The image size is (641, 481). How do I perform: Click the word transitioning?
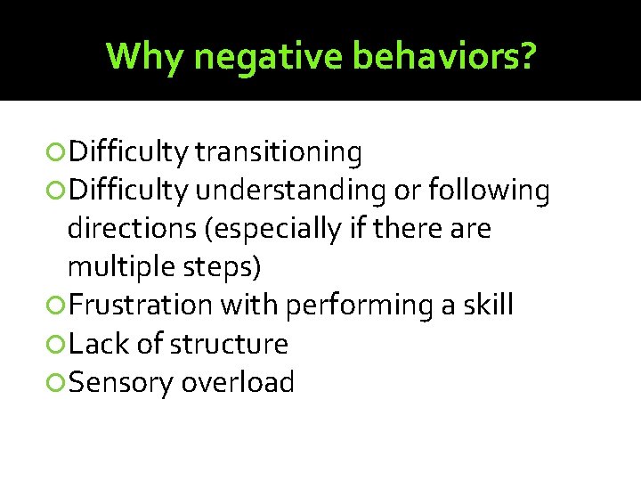click(x=278, y=153)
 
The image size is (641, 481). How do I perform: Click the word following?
click(x=488, y=192)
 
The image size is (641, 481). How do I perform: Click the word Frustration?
click(x=141, y=306)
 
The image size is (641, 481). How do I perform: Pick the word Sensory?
click(x=121, y=383)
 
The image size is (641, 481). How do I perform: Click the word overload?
click(x=238, y=382)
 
